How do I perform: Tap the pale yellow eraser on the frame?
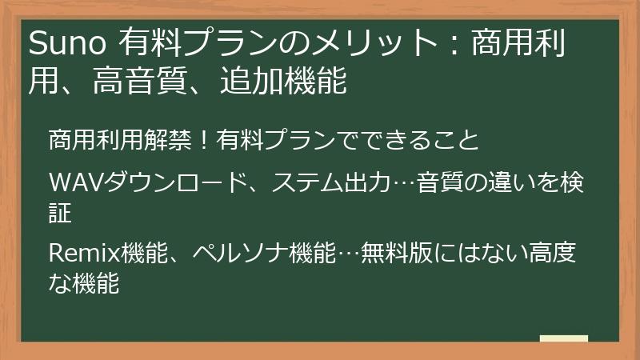[563, 338]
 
